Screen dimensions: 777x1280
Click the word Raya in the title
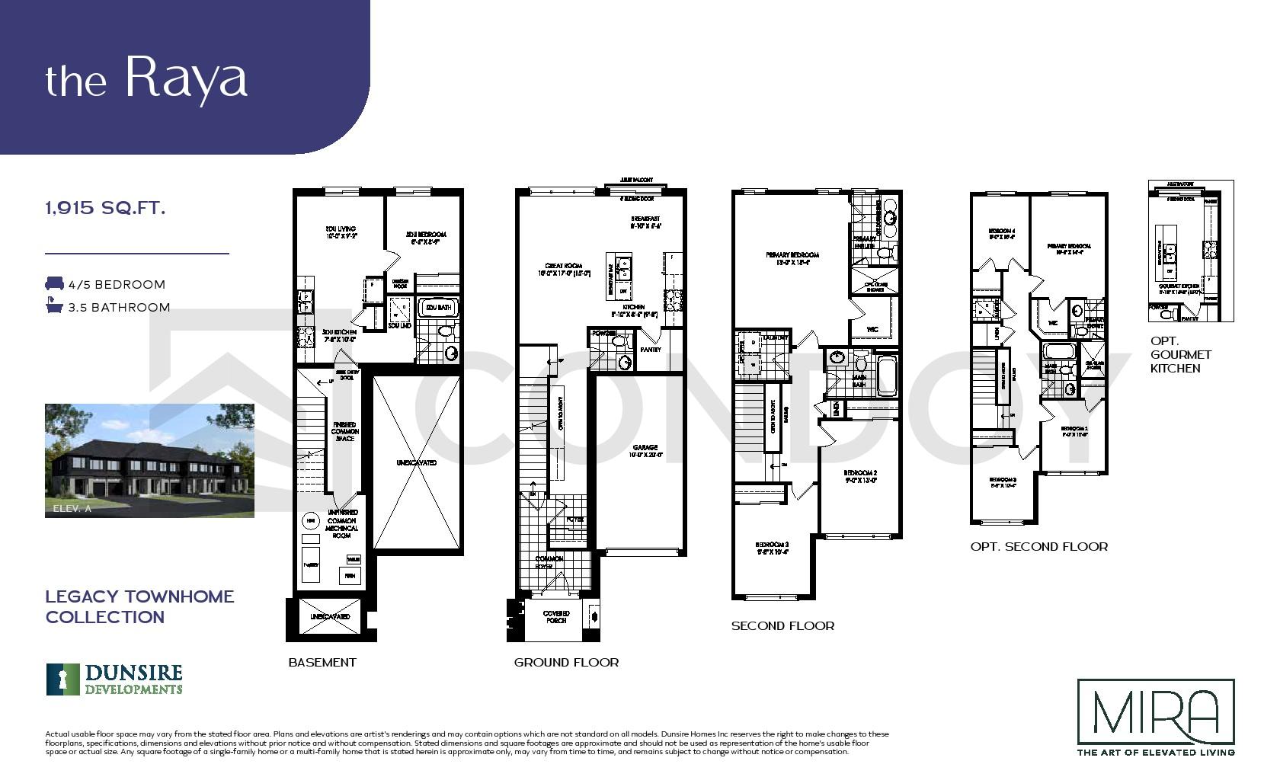point(186,78)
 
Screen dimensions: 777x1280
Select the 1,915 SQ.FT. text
point(105,207)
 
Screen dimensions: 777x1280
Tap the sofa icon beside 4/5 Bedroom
point(54,284)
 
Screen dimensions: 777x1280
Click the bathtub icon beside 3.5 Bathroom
point(53,307)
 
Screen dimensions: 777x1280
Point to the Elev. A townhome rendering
point(149,460)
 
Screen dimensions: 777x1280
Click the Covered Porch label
point(556,616)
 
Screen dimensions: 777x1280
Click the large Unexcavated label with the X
point(416,462)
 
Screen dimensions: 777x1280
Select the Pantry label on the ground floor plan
point(651,350)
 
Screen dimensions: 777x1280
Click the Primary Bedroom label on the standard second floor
point(792,258)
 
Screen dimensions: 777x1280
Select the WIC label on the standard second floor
point(872,329)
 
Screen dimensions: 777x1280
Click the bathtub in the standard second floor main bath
point(886,374)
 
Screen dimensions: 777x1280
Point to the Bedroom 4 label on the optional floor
point(1001,233)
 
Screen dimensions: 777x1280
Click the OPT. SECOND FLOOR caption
point(1038,546)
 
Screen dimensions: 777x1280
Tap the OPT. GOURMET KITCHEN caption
point(1180,355)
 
